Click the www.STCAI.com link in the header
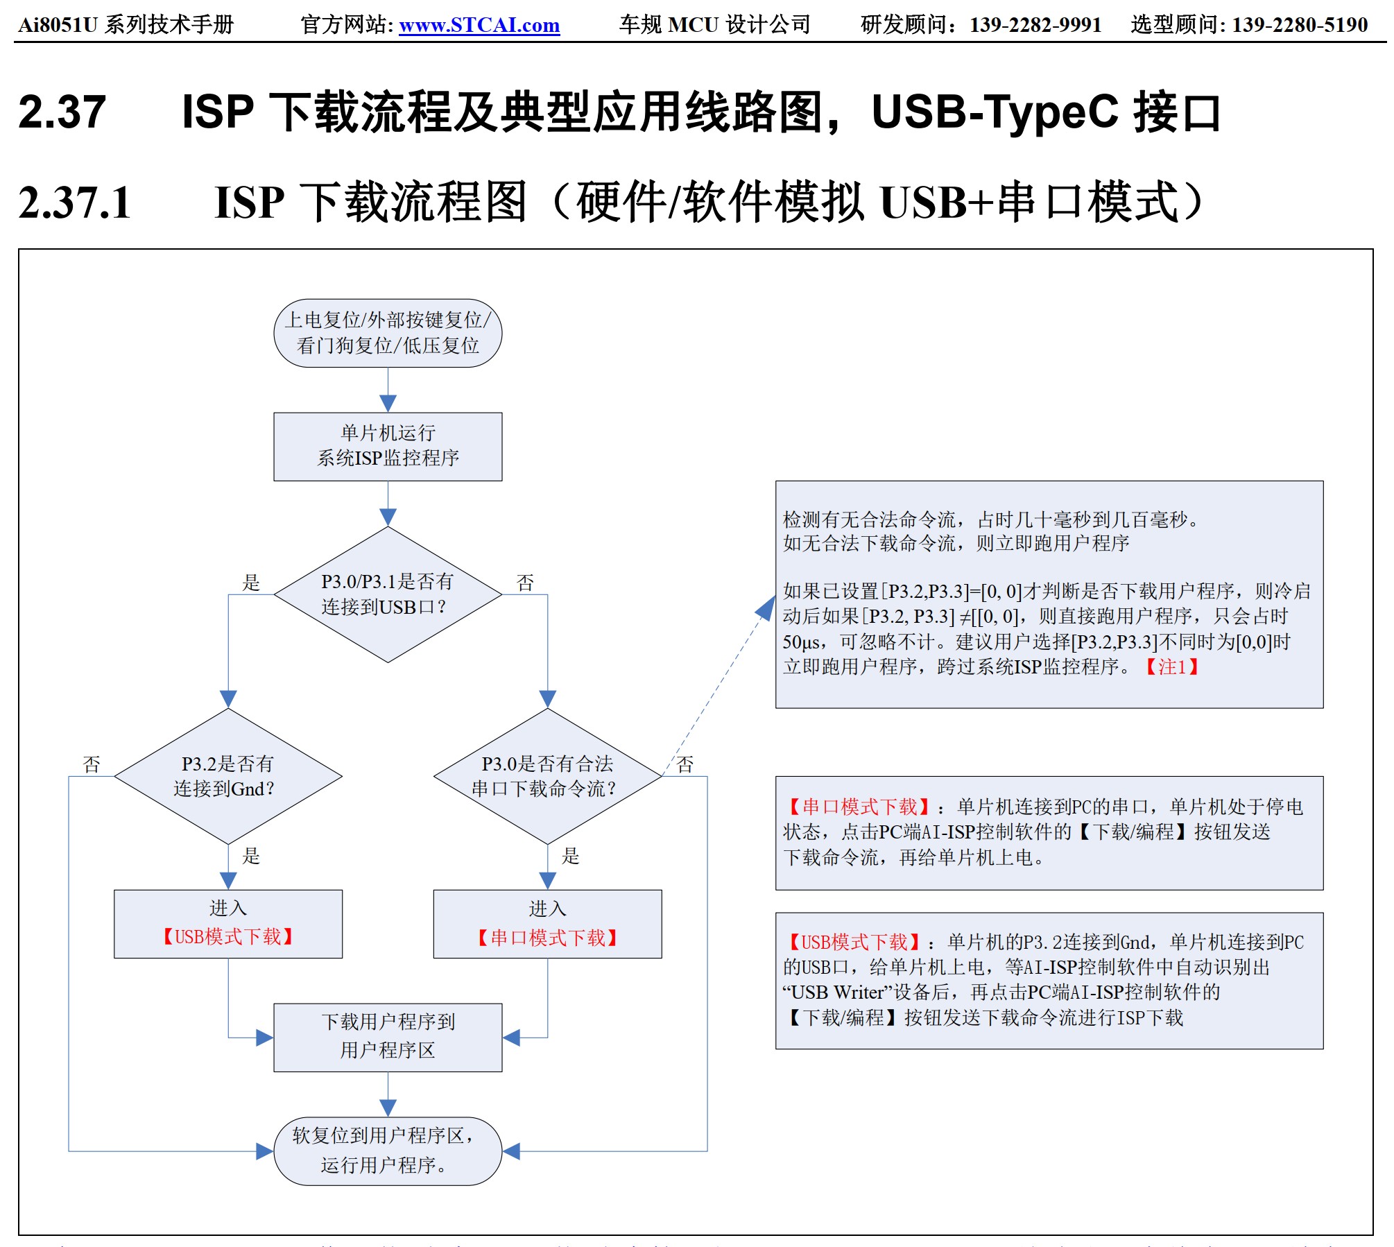(x=479, y=25)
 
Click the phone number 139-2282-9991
(x=1035, y=25)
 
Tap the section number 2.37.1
(x=75, y=203)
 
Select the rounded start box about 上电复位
(x=388, y=333)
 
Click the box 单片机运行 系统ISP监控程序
(x=388, y=446)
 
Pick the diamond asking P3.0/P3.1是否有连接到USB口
(x=388, y=594)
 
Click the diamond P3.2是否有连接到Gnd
(x=227, y=776)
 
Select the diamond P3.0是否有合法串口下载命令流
(x=547, y=776)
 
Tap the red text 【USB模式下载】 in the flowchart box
(x=227, y=937)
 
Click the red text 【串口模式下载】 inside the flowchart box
(x=547, y=938)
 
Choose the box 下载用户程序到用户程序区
(x=388, y=1037)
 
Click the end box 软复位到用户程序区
(x=388, y=1151)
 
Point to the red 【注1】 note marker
(x=1171, y=667)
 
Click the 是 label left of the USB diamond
(x=251, y=583)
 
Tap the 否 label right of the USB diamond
(x=525, y=583)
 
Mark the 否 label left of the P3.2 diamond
(x=92, y=764)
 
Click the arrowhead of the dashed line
(x=766, y=608)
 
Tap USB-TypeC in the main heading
(x=995, y=112)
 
